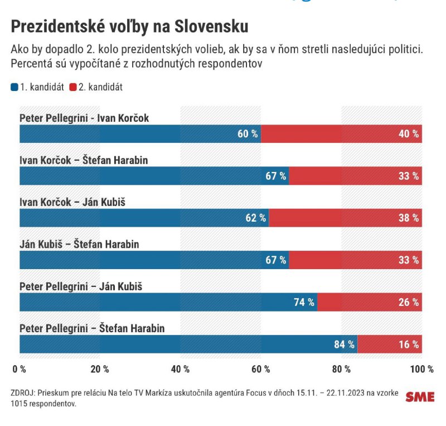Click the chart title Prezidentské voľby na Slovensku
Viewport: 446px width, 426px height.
click(x=129, y=27)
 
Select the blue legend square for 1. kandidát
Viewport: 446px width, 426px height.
click(x=14, y=87)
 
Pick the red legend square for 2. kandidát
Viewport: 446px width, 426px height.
click(x=72, y=87)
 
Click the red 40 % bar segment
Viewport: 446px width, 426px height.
click(x=341, y=134)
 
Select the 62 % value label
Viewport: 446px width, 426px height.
click(x=256, y=218)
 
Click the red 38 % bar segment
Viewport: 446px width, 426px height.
click(x=345, y=218)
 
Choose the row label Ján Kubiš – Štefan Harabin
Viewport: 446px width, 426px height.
click(x=79, y=245)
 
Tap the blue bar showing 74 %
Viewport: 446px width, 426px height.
click(x=168, y=303)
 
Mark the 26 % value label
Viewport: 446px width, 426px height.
click(x=409, y=303)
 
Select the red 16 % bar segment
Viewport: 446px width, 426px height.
click(x=389, y=344)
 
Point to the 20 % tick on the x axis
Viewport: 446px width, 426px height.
click(x=100, y=369)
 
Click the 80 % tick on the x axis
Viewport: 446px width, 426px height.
click(x=341, y=369)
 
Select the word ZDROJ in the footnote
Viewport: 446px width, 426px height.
click(x=22, y=393)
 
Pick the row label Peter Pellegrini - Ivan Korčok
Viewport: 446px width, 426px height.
click(x=84, y=118)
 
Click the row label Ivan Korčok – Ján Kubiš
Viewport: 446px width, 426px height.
click(x=72, y=203)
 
